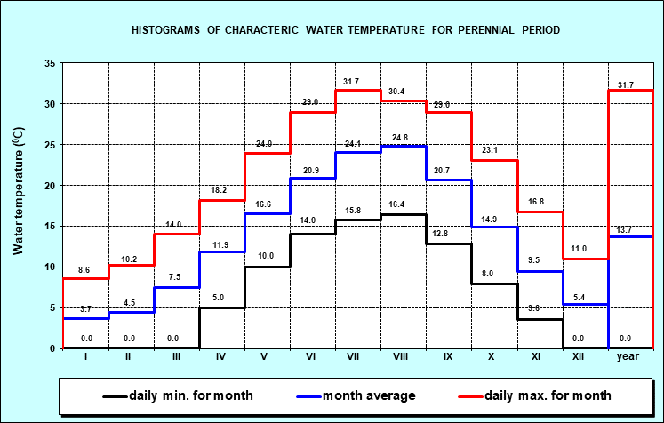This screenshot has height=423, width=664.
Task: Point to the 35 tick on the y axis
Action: coord(50,63)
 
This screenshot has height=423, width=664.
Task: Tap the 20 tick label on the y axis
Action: coord(50,185)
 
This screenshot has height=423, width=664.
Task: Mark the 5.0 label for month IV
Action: coord(222,299)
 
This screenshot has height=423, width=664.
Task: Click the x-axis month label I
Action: coord(86,356)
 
